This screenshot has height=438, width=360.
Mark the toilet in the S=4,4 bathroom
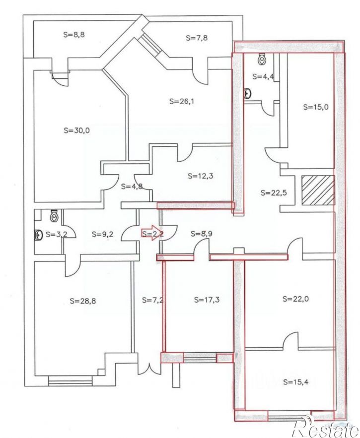[263, 60]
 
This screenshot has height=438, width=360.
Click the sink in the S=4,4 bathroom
[247, 93]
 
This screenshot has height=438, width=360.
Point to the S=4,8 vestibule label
[132, 187]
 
